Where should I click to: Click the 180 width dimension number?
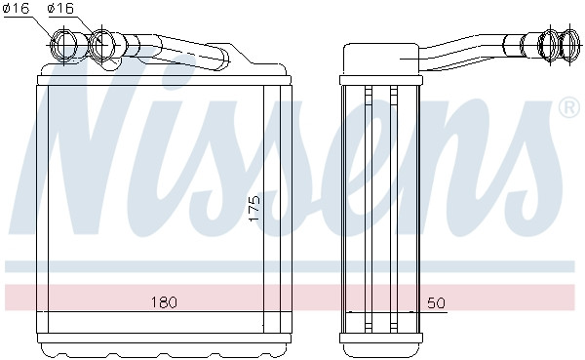tap(164, 301)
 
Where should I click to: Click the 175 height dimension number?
tap(254, 209)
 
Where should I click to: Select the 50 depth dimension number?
tap(436, 302)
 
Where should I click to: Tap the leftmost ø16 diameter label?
tap(17, 8)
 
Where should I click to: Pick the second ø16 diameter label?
tap(61, 8)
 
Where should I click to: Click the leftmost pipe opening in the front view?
tap(63, 45)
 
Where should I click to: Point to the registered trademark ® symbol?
tap(569, 107)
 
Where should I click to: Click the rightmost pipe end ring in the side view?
tap(569, 44)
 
